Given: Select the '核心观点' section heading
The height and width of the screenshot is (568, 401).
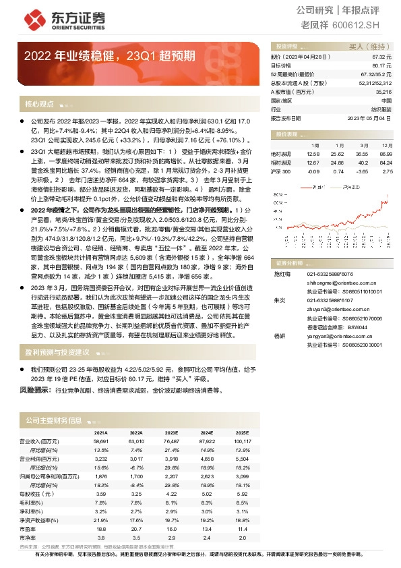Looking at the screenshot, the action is point(38,105).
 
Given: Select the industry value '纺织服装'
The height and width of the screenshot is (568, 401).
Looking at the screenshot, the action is point(381,109).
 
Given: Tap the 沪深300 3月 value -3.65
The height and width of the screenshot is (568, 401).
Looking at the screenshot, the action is point(362,171).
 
